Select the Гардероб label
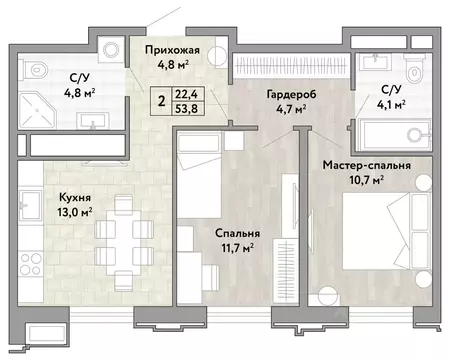286,94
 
